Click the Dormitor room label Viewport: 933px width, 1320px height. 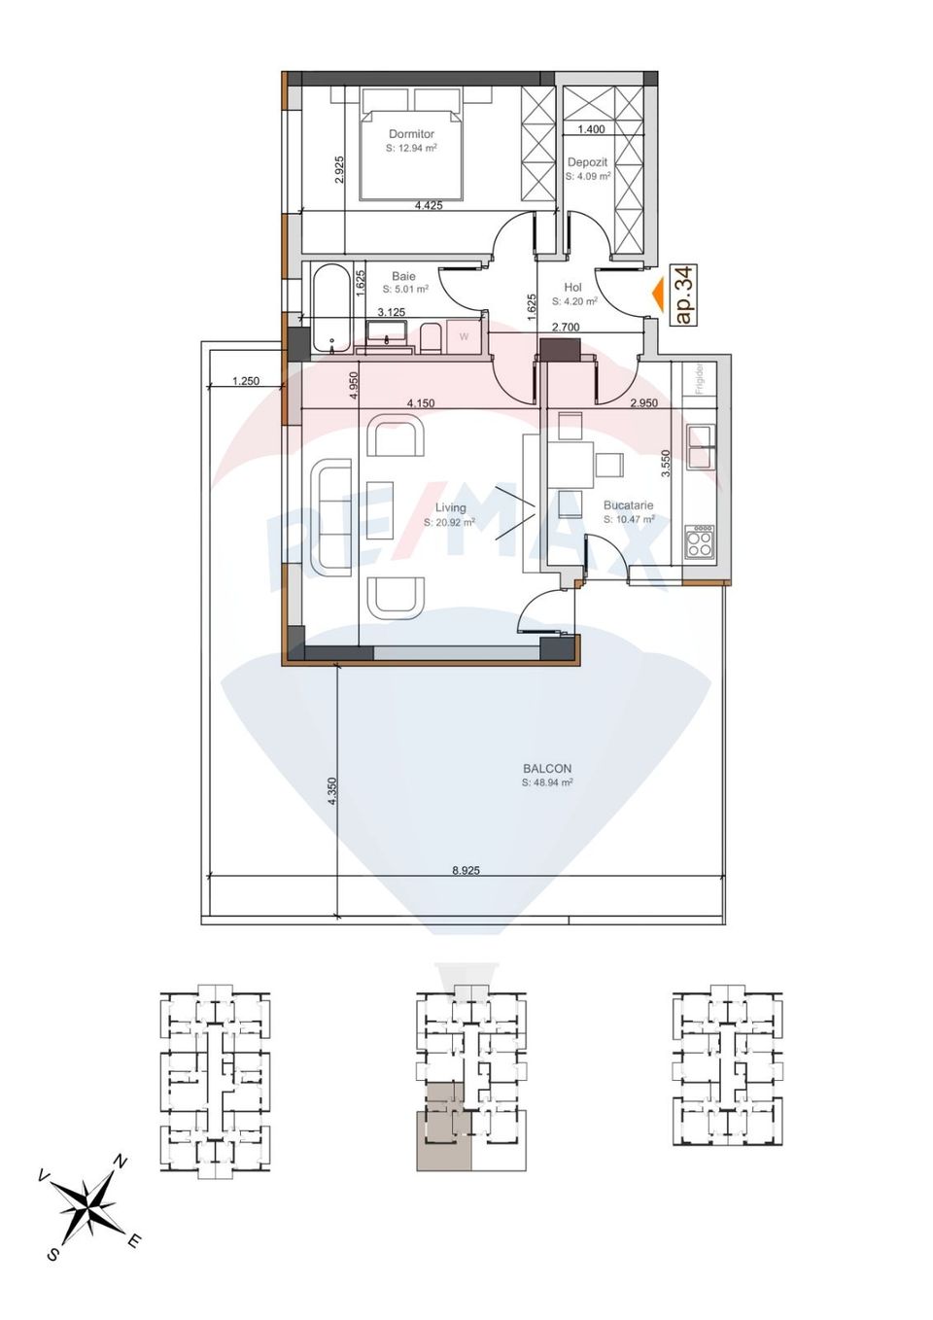pos(411,134)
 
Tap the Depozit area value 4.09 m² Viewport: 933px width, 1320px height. pos(588,177)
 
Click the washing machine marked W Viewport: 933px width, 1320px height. pos(464,337)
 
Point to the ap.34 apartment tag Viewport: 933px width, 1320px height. pos(684,295)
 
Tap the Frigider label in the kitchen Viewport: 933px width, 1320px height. pos(699,379)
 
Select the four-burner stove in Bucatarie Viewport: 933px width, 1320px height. pos(700,541)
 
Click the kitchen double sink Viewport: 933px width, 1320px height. pos(700,446)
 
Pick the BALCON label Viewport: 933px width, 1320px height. pos(547,768)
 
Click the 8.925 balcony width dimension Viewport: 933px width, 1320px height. pos(466,871)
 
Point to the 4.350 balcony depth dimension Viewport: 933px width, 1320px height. pos(331,789)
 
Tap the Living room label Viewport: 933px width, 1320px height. pos(450,507)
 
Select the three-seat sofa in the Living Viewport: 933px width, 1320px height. pos(331,516)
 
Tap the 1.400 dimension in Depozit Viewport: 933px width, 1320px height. pos(591,129)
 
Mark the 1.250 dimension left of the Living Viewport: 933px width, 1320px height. pos(246,381)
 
